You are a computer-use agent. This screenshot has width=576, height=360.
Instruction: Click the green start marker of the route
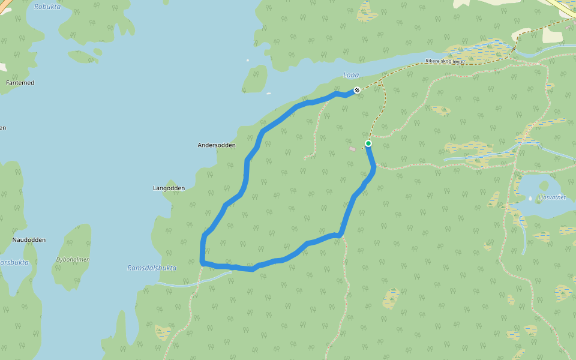(368, 143)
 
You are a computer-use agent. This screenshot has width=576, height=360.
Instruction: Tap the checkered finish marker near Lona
(357, 90)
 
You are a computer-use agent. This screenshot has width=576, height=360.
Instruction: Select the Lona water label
(350, 75)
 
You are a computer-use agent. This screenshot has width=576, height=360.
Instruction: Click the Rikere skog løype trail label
(445, 61)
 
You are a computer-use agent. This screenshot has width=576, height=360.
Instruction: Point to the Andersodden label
(217, 145)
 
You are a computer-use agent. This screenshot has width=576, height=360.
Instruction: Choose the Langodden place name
(169, 188)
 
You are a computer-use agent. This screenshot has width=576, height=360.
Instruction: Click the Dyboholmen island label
(73, 260)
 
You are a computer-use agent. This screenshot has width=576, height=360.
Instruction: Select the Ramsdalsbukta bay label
(152, 268)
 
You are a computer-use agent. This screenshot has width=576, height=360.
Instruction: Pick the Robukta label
(48, 7)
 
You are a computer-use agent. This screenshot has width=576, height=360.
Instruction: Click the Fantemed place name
(20, 82)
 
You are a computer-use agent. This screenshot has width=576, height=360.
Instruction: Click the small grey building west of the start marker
(352, 149)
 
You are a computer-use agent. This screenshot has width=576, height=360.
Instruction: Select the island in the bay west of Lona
(256, 79)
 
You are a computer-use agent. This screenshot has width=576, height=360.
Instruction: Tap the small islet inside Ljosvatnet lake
(545, 185)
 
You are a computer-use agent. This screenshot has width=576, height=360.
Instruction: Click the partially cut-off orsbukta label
(13, 263)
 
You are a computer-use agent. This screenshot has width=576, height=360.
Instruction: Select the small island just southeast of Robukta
(84, 56)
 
